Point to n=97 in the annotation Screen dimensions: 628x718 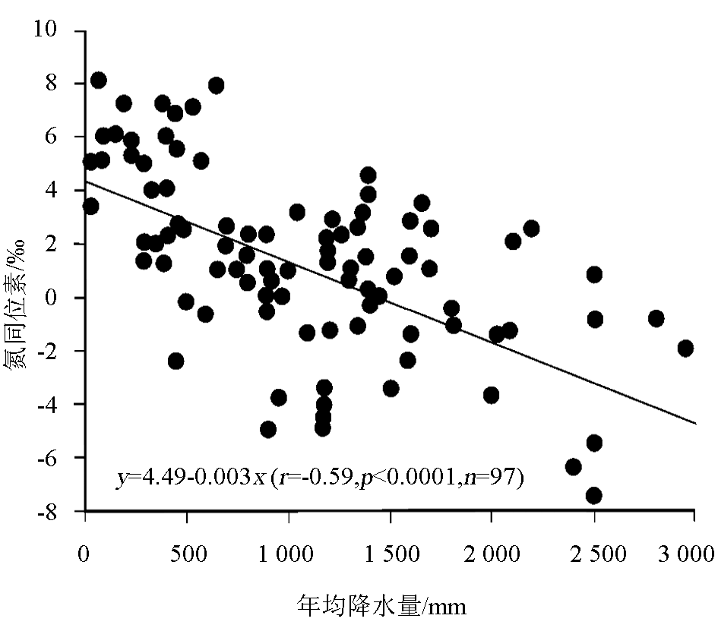click(497, 478)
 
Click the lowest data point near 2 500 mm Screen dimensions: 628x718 click(594, 496)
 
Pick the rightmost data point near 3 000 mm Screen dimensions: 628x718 click(686, 348)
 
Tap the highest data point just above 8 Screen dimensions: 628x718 click(98, 80)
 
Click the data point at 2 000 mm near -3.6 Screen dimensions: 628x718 click(492, 395)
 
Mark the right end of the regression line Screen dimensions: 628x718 click(694, 423)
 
